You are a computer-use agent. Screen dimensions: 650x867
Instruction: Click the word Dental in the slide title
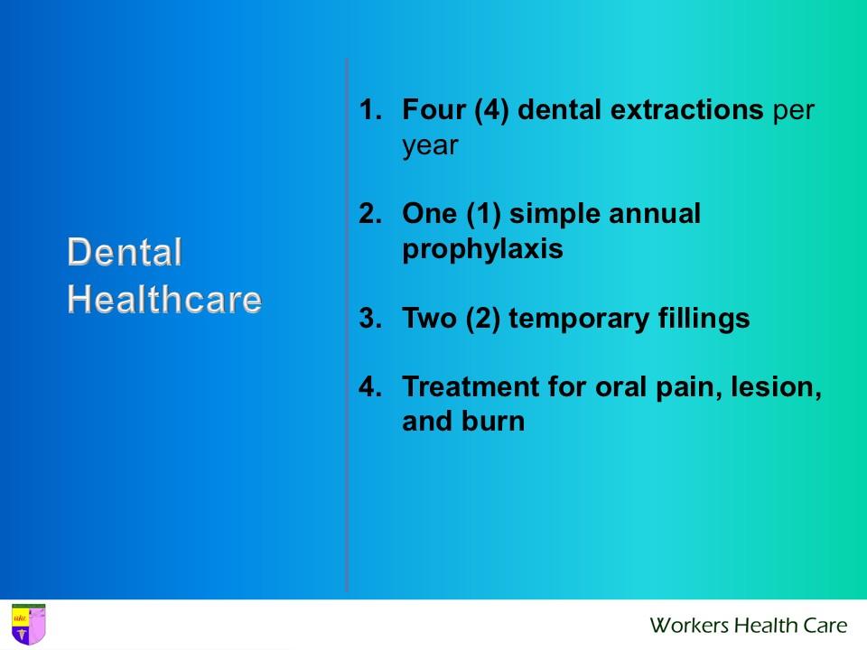(125, 253)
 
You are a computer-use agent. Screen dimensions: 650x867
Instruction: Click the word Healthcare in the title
(164, 299)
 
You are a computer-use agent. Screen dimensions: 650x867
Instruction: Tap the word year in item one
(430, 146)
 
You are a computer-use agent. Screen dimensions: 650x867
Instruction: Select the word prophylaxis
(482, 250)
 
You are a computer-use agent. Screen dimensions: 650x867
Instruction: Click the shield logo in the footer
(27, 625)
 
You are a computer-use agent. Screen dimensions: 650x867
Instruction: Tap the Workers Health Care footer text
(748, 625)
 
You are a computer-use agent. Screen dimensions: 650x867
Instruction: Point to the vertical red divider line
(347, 325)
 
